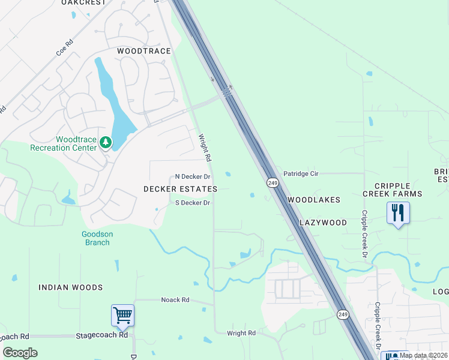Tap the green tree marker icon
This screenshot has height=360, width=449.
click(x=106, y=142)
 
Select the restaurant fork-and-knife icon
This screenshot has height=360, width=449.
click(x=398, y=213)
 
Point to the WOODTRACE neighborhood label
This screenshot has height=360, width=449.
click(x=144, y=52)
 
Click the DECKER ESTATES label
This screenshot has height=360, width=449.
click(x=180, y=189)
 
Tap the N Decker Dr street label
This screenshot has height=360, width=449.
click(x=193, y=177)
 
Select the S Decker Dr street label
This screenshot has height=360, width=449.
click(x=192, y=203)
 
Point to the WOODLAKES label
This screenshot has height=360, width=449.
click(x=314, y=200)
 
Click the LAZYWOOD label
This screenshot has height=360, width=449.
click(x=324, y=223)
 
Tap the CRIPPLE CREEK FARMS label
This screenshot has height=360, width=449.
click(x=392, y=190)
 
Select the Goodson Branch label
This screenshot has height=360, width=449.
click(x=97, y=238)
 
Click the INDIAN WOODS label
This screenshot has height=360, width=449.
click(x=71, y=287)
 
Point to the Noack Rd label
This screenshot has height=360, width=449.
click(x=175, y=299)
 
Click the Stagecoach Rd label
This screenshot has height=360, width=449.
click(x=102, y=335)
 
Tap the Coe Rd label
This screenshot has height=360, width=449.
click(x=64, y=48)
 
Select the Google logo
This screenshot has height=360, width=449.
click(x=20, y=352)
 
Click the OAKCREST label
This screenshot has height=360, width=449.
click(x=83, y=2)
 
